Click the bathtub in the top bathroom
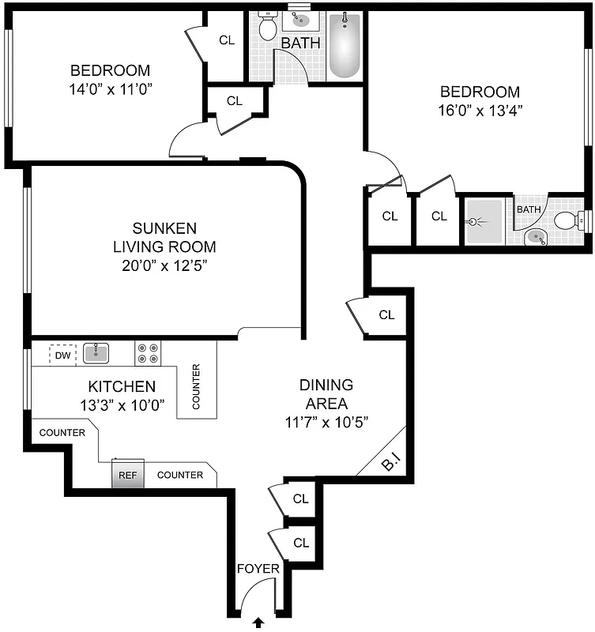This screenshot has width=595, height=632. pos(344,46)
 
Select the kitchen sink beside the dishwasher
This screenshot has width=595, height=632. pos(96,352)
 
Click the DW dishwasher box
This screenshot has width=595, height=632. pos(62,355)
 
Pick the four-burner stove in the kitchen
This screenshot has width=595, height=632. pos(148,352)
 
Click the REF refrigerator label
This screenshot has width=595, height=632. pos(127,475)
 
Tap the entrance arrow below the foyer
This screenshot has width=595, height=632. pos(258,623)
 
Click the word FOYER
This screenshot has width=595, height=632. pos(255,568)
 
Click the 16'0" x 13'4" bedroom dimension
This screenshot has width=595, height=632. pos(480,111)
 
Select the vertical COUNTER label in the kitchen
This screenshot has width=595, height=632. pos(196,386)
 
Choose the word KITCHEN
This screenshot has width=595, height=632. pos(121,386)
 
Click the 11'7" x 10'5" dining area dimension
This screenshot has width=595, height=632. pos(326,421)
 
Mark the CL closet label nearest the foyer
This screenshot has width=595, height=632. pos(300,543)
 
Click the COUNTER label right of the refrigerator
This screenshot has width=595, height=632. pos(180,475)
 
